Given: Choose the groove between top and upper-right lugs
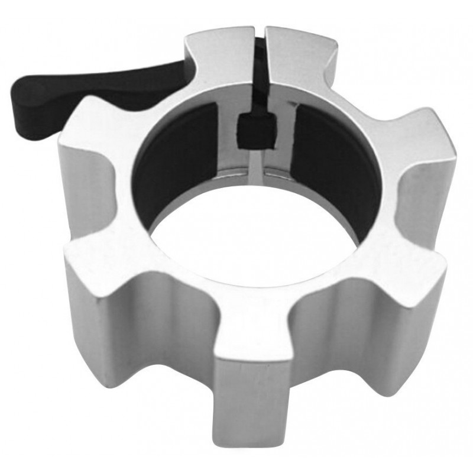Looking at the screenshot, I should pyautogui.click(x=361, y=89).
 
